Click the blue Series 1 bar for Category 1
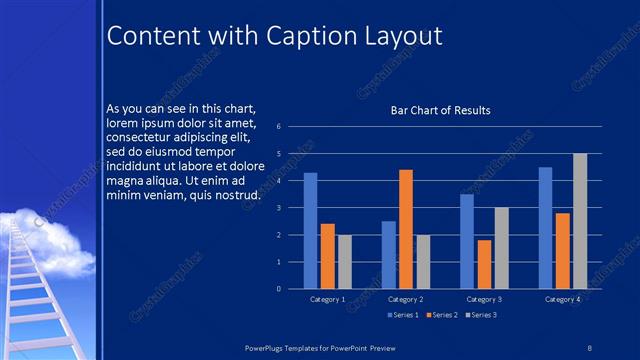point(310,231)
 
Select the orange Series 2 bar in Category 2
point(406,229)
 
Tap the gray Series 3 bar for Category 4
point(580,221)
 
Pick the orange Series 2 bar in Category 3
point(485,264)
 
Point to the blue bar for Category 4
point(545,228)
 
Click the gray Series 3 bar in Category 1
point(344,262)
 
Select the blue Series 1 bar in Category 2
point(389,255)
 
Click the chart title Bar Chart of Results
point(440,110)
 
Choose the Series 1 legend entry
point(402,315)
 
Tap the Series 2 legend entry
point(442,315)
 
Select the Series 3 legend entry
point(480,315)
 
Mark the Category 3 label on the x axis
point(484,299)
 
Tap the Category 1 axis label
point(327,299)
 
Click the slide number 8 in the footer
point(590,345)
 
